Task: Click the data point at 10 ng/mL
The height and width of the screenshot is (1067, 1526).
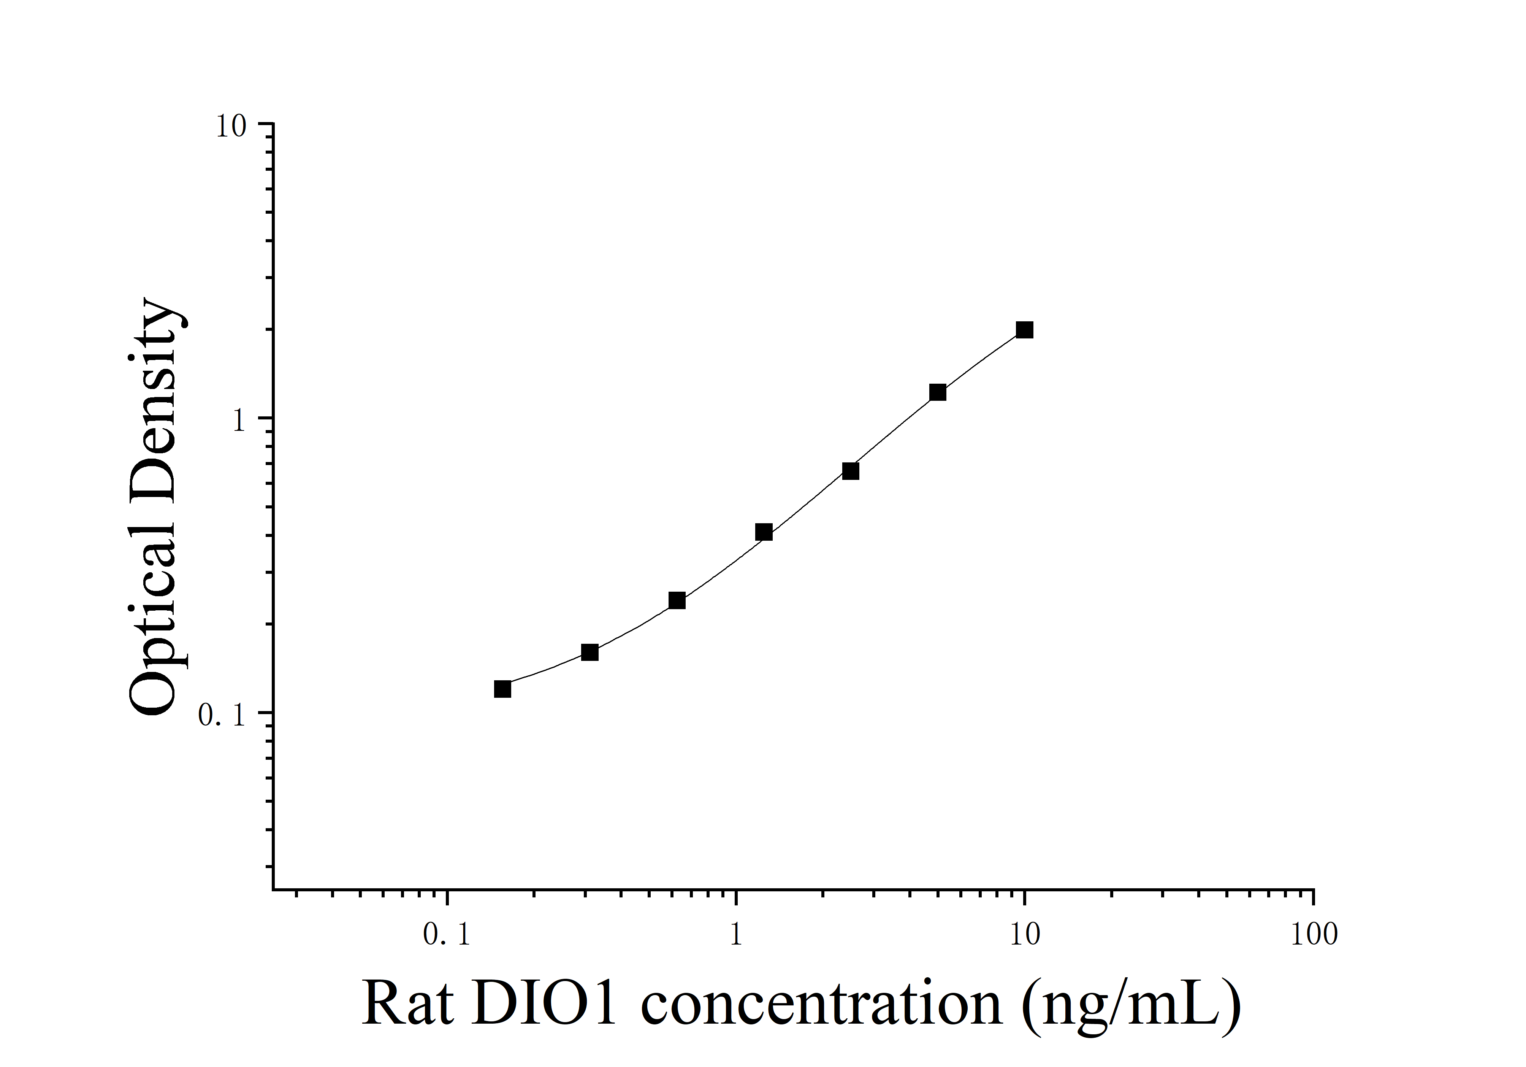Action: tap(1024, 330)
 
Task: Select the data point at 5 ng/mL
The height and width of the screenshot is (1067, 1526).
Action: tap(937, 392)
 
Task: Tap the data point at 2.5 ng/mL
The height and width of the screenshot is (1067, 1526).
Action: tap(850, 472)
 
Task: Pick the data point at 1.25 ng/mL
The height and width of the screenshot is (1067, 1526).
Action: tap(764, 532)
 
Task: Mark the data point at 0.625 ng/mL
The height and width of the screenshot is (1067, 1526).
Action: tap(677, 601)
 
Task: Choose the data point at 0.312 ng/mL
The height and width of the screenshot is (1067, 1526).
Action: tap(589, 652)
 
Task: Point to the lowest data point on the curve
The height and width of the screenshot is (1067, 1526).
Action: tap(502, 689)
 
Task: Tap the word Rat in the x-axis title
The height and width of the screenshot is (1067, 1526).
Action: tap(407, 1004)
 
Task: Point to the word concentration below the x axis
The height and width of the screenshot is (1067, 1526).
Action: tap(821, 1004)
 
